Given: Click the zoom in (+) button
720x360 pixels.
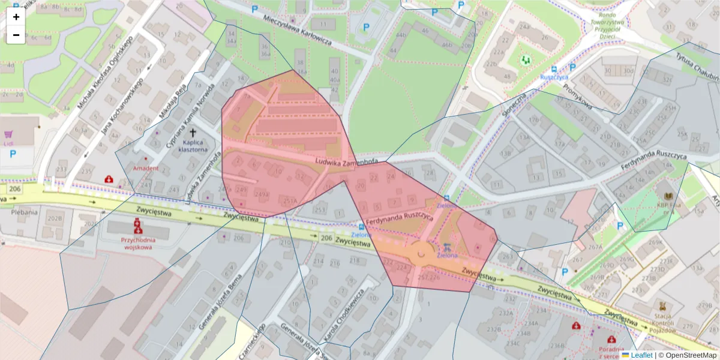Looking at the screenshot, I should point(16,17).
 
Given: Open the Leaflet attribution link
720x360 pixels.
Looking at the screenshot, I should point(641,355).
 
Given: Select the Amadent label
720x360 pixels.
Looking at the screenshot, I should point(146,168).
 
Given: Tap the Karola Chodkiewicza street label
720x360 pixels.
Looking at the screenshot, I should point(343,313).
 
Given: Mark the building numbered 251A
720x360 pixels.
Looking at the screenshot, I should point(290,201).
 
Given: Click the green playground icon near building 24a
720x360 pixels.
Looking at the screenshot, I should point(526,59).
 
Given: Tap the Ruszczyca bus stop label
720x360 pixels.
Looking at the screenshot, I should point(554,77).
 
